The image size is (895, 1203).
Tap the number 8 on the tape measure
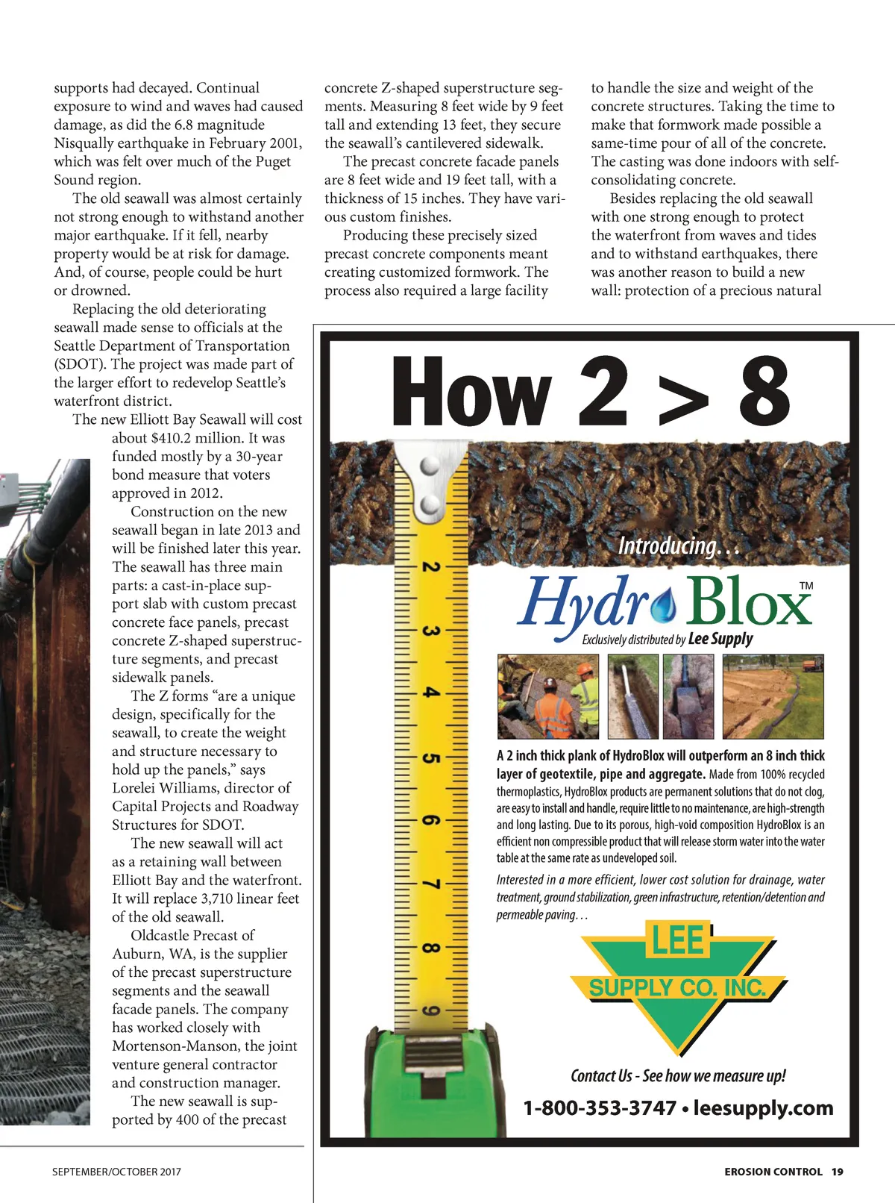click(430, 949)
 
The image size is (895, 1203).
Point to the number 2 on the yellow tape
click(430, 566)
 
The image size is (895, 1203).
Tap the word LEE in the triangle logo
click(678, 940)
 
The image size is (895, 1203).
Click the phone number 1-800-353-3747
click(600, 1108)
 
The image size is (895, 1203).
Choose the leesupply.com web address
click(763, 1108)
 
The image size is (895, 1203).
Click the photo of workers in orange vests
click(548, 696)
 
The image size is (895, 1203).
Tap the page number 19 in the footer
click(838, 1172)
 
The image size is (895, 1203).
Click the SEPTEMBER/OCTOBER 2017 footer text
click(116, 1172)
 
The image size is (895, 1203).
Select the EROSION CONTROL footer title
click(773, 1172)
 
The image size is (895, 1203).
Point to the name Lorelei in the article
click(138, 788)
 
